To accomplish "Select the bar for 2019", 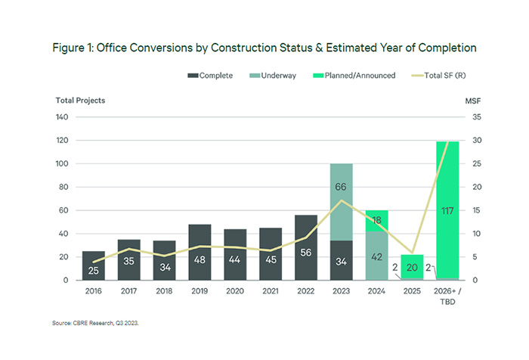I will click(x=200, y=253).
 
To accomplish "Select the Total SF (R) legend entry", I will click(x=438, y=76).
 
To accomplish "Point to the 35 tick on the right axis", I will click(x=468, y=117).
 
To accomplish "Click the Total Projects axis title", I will click(x=81, y=100).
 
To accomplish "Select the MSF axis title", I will click(x=469, y=100).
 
